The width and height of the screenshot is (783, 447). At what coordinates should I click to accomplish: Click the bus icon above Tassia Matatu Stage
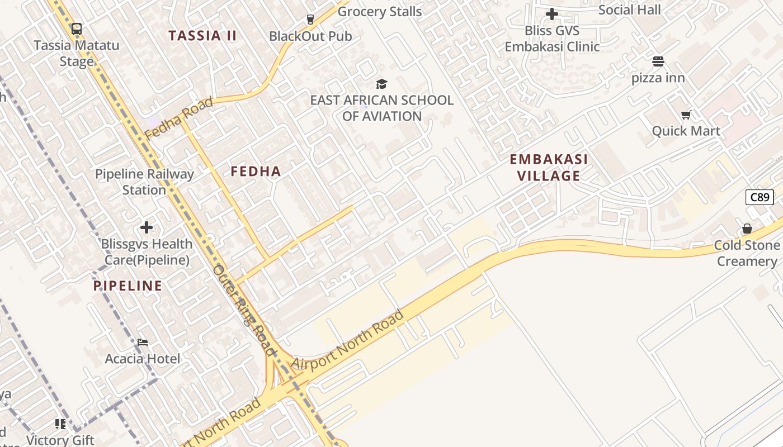(77, 28)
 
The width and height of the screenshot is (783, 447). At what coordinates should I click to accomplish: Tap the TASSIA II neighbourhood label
(203, 36)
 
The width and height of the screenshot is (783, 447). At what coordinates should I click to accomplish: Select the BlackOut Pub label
(310, 36)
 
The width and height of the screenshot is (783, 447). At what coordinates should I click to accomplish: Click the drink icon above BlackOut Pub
(310, 20)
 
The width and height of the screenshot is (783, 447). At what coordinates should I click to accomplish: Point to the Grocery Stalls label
(380, 11)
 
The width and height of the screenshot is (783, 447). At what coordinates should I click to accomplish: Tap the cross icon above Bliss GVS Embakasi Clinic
(552, 14)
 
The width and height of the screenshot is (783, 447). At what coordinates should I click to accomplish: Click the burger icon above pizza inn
(658, 61)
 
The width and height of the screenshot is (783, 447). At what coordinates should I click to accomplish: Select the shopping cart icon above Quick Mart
(686, 115)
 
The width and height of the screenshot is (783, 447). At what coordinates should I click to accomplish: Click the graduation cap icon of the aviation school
(381, 84)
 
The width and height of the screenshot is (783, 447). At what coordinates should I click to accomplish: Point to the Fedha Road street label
(179, 118)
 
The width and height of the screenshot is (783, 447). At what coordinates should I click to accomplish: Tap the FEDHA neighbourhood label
(256, 172)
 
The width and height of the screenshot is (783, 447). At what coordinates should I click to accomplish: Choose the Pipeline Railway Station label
(144, 182)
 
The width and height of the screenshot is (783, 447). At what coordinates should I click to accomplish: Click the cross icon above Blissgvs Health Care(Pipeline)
(147, 227)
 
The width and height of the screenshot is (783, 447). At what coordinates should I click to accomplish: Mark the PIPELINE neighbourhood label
(128, 286)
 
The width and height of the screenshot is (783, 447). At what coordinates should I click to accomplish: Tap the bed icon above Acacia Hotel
(143, 343)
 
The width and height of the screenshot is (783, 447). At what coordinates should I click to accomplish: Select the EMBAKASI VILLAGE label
(549, 168)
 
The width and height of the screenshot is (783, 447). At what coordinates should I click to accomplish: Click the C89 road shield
(760, 197)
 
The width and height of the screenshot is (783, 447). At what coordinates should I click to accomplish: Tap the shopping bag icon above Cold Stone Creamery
(747, 229)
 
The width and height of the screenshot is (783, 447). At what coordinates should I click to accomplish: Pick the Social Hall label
(629, 10)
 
